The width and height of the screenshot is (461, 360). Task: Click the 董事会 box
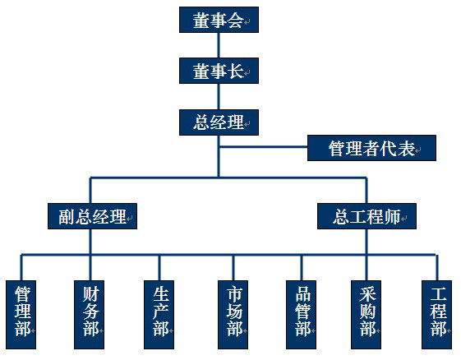(219, 20)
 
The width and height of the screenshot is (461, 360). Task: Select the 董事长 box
(219, 71)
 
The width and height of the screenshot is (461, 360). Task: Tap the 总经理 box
(219, 122)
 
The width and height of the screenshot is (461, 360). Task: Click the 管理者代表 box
(371, 148)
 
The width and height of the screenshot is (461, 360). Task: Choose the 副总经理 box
(92, 216)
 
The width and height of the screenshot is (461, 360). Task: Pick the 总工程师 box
(366, 216)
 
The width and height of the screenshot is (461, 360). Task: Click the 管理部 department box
(21, 315)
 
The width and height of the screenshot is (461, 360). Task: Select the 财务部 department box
(89, 315)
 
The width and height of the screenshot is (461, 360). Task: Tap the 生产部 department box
(159, 315)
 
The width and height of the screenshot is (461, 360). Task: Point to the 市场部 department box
(233, 315)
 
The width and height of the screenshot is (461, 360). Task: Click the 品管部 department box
(301, 315)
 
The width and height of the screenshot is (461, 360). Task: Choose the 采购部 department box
(366, 315)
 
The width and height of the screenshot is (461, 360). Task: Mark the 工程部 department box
(436, 315)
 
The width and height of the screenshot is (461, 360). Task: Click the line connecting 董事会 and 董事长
(219, 45)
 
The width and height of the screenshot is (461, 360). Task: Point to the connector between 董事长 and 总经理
(219, 96)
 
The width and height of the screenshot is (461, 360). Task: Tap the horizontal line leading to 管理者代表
(264, 146)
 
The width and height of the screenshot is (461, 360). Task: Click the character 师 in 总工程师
(393, 217)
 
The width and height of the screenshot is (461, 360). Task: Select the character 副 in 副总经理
(67, 217)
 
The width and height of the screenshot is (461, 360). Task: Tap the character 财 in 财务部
(90, 294)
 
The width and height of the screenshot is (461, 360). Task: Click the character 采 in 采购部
(367, 294)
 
